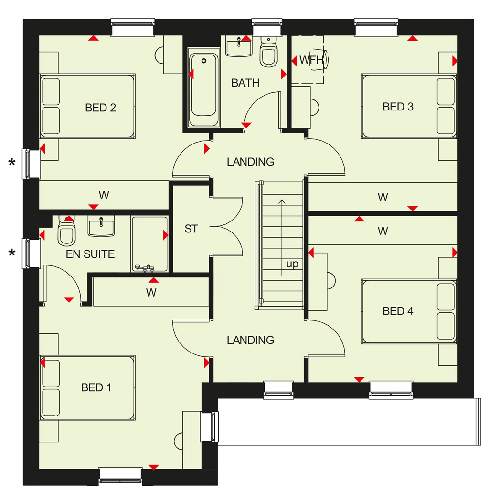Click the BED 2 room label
[100, 108]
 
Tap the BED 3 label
[398, 107]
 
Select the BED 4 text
[398, 311]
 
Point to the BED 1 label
[96, 387]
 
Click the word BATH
[245, 83]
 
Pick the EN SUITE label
[90, 254]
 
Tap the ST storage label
[191, 229]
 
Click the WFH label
[312, 60]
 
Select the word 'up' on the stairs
[292, 264]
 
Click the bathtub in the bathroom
[203, 88]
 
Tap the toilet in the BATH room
[268, 52]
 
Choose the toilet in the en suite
[67, 231]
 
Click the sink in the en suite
[101, 226]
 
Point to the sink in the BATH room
[239, 46]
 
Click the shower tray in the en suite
[149, 244]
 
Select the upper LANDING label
[250, 162]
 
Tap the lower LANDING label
[250, 340]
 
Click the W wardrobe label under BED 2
[104, 195]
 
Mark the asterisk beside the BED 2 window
[12, 163]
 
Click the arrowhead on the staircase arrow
[282, 201]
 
